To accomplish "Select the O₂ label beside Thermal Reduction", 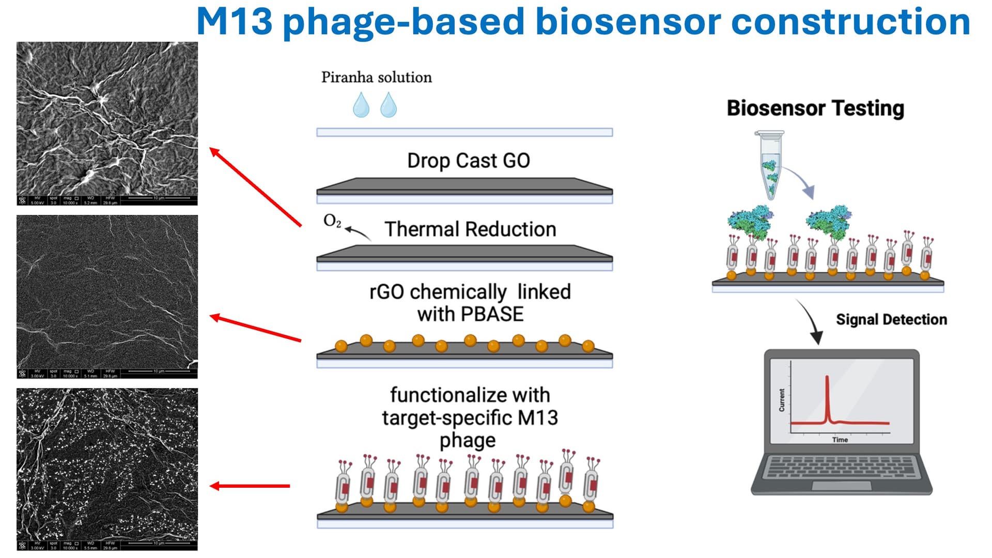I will pyautogui.click(x=332, y=221).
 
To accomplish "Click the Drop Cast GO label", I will pyautogui.click(x=468, y=161).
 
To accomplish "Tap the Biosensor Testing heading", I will pyautogui.click(x=815, y=109).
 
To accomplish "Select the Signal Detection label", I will pyautogui.click(x=891, y=320).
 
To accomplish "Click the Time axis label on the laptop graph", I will pyautogui.click(x=840, y=440).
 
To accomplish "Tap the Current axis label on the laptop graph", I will pyautogui.click(x=782, y=400).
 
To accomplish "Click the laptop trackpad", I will pyautogui.click(x=841, y=486).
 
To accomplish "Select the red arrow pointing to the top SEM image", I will pyautogui.click(x=255, y=187).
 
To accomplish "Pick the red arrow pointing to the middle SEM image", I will pyautogui.click(x=255, y=328).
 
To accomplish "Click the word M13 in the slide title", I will pyautogui.click(x=234, y=22).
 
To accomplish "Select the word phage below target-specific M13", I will pyautogui.click(x=468, y=441).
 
